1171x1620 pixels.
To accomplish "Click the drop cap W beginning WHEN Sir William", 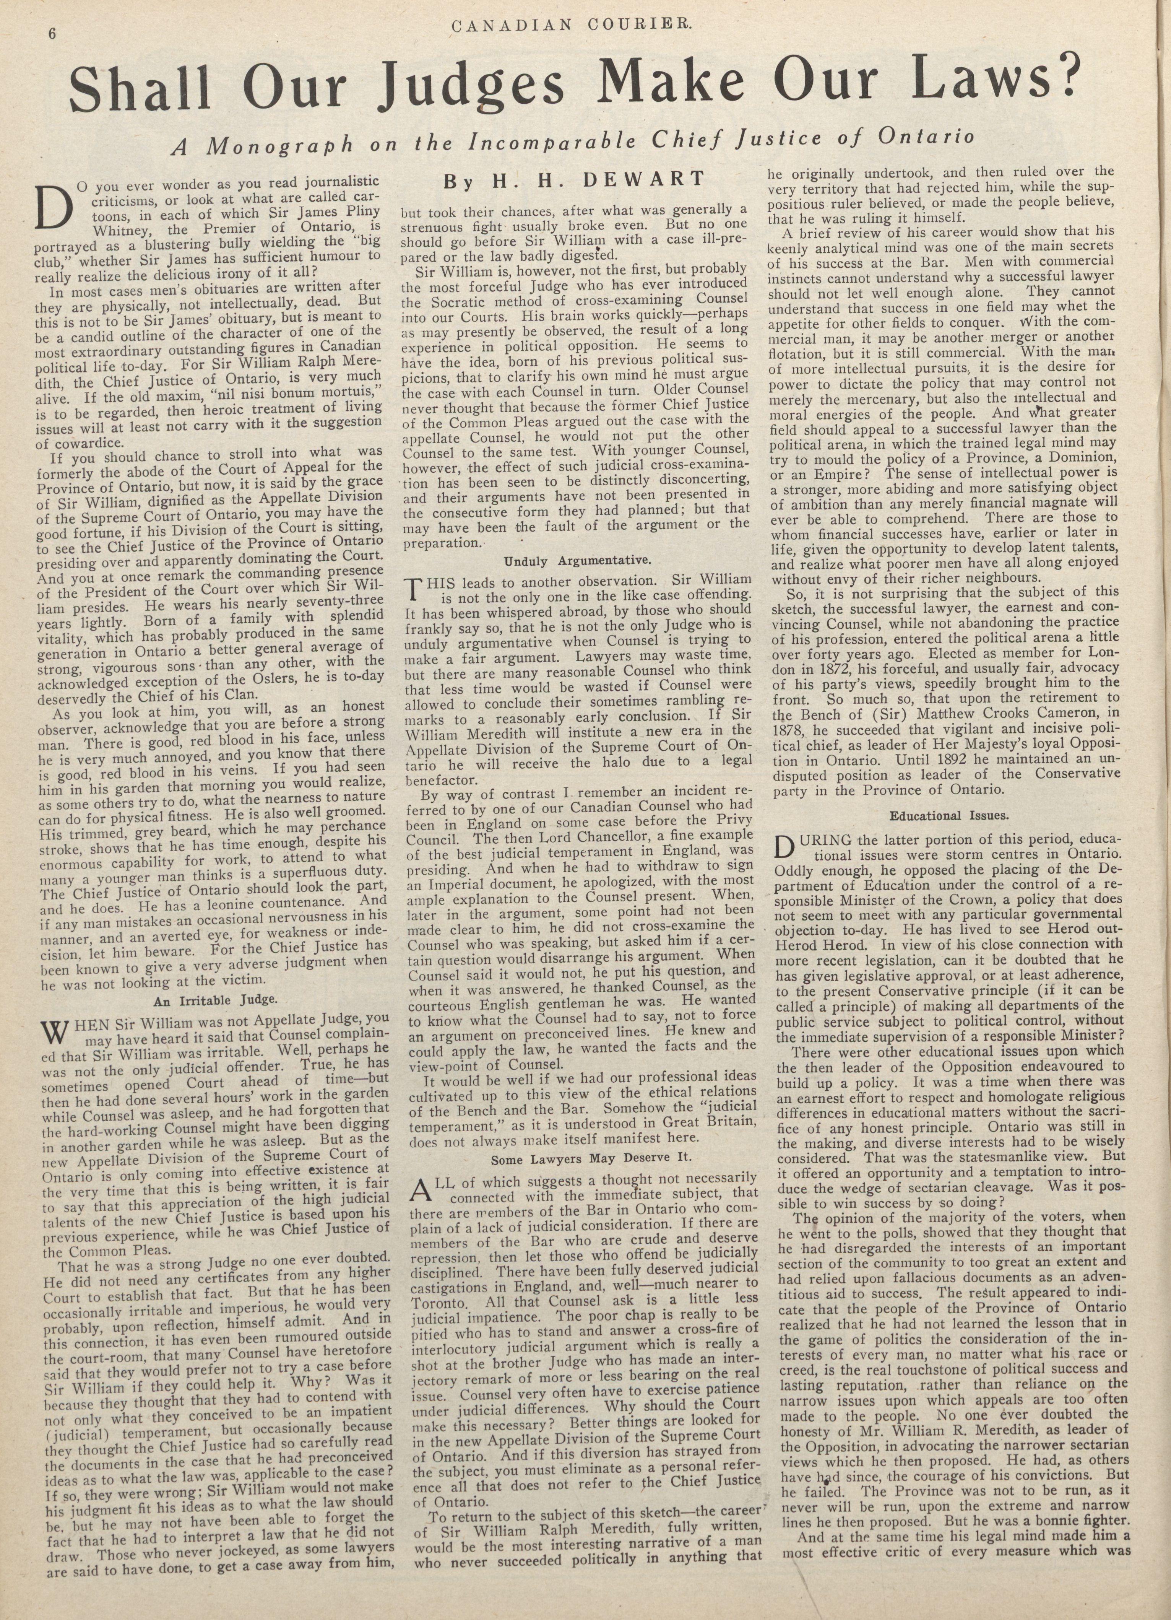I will click(56, 1032).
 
